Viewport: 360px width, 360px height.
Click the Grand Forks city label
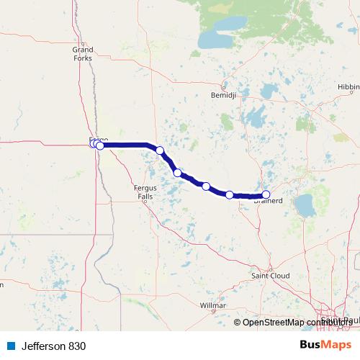(x=83, y=53)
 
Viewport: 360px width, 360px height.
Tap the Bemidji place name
(x=219, y=94)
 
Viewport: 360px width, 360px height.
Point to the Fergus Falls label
(x=145, y=192)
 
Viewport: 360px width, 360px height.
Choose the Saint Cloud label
(x=269, y=275)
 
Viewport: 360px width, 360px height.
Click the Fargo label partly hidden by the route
(x=97, y=138)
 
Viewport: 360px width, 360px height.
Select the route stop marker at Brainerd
(x=266, y=194)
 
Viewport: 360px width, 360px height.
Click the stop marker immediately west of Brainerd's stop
(x=230, y=194)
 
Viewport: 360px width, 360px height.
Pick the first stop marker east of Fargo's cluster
(x=160, y=150)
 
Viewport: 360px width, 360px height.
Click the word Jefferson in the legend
(x=39, y=346)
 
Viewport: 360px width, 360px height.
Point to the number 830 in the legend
(x=78, y=346)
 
